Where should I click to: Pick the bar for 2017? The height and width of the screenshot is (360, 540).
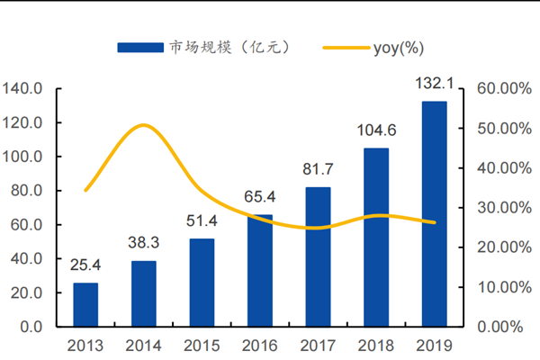point(318,256)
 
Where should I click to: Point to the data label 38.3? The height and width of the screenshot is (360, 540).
point(143,246)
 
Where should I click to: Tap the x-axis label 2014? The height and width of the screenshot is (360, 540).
point(143,346)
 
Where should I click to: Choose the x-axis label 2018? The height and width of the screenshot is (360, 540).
point(376,346)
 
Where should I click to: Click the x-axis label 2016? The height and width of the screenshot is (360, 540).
point(259,346)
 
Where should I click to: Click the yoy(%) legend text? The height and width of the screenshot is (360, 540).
point(400,47)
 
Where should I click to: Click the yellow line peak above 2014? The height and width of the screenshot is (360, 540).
point(144,125)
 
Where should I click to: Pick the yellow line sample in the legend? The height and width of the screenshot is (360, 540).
point(348,47)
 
